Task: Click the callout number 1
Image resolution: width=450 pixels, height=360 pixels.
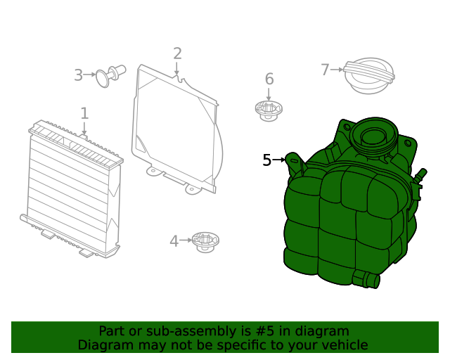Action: [x=84, y=113]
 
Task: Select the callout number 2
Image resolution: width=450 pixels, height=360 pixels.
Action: [x=177, y=53]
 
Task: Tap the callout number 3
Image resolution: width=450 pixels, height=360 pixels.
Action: [x=79, y=75]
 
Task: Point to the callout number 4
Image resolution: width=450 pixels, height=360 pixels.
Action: [x=174, y=241]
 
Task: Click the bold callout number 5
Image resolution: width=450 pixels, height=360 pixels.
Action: [x=266, y=160]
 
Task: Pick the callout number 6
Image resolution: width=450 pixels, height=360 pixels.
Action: [x=269, y=79]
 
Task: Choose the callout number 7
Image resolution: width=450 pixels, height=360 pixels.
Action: [x=325, y=70]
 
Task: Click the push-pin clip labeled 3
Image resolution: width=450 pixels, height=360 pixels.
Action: [x=110, y=75]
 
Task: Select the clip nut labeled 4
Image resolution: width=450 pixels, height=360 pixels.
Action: [x=205, y=241]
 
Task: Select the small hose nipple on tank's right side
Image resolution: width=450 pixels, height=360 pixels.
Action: [x=422, y=174]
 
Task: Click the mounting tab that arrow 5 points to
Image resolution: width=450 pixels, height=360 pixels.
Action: [x=294, y=162]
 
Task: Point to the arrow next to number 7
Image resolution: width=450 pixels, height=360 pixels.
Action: [x=337, y=69]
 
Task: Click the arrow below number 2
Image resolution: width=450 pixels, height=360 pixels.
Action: [x=177, y=68]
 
